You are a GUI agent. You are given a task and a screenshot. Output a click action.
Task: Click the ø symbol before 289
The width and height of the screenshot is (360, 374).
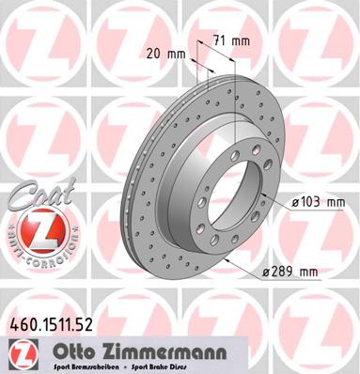point(268,273)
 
